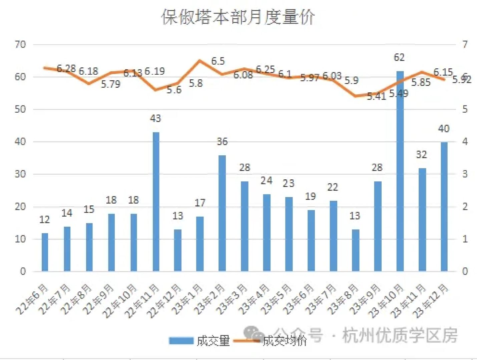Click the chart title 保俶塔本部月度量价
[238, 17]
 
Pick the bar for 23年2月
[222, 213]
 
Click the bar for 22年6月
[45, 252]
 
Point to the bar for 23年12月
[444, 207]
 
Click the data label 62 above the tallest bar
[399, 58]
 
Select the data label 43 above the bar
[155, 118]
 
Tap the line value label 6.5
[218, 61]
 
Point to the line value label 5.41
[376, 96]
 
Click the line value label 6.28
[66, 69]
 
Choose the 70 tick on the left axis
[20, 44]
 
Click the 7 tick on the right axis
[465, 44]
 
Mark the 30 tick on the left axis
[20, 174]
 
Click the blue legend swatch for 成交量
[181, 341]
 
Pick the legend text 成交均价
[285, 341]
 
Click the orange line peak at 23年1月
[200, 61]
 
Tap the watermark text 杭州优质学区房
[400, 335]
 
